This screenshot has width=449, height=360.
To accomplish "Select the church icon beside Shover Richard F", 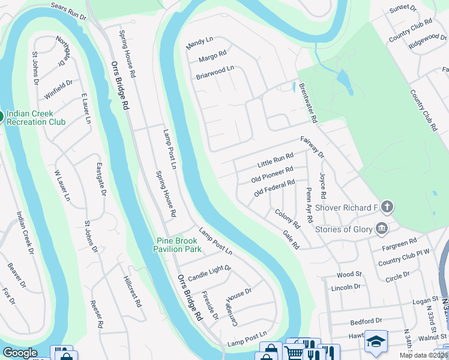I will click(387, 208).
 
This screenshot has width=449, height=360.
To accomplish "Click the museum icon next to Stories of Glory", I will click(381, 229).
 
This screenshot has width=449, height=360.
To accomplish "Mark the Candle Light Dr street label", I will click(209, 273).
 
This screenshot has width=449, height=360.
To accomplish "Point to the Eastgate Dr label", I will click(101, 181).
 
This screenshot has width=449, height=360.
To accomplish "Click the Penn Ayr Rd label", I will click(309, 204).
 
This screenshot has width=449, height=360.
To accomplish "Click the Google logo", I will click(19, 353).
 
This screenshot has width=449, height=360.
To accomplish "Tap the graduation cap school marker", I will click(376, 340).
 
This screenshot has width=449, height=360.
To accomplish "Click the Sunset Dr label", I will click(403, 9).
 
